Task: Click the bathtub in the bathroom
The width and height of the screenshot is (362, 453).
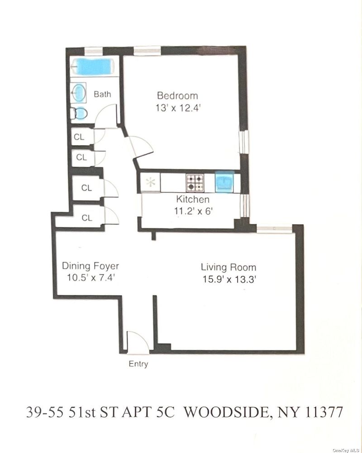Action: [x=92, y=67]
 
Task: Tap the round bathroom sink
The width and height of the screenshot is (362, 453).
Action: [x=78, y=92]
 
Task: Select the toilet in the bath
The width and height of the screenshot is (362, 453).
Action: [x=79, y=113]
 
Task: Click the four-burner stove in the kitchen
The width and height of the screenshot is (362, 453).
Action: [x=195, y=183]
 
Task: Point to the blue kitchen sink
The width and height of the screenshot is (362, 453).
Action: [x=224, y=181]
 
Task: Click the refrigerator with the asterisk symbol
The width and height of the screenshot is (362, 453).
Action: [x=150, y=182]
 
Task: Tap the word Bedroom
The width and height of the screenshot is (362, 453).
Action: [x=177, y=96]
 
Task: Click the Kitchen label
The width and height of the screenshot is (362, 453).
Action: [x=193, y=199]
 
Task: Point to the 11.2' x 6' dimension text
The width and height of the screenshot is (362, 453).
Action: [x=193, y=211]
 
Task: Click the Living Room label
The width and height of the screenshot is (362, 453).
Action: [x=229, y=267]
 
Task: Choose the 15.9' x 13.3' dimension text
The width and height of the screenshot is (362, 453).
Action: [x=229, y=279]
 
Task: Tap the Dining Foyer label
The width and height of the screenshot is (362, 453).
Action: [x=90, y=266]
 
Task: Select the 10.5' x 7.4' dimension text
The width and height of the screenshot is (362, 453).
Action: [x=91, y=278]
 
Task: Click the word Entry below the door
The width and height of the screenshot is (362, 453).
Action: [x=138, y=364]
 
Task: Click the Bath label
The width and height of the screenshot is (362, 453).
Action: [x=102, y=94]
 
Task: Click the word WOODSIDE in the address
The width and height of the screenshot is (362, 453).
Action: [x=227, y=412]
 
